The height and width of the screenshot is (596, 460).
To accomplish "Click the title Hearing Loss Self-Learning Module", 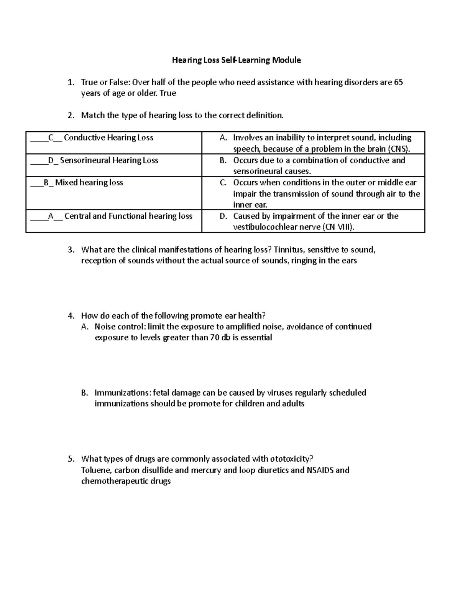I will tap(236, 60).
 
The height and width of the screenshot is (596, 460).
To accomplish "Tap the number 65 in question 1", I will tap(398, 82).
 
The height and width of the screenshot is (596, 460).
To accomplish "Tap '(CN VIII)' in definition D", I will tap(338, 227).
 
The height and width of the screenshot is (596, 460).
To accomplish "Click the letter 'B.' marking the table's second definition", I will tap(223, 160).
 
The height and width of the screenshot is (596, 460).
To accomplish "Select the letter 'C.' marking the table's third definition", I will tap(223, 183).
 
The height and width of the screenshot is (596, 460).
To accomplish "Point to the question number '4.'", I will tap(71, 316).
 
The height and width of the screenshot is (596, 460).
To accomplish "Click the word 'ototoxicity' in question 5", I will tap(291, 459).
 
